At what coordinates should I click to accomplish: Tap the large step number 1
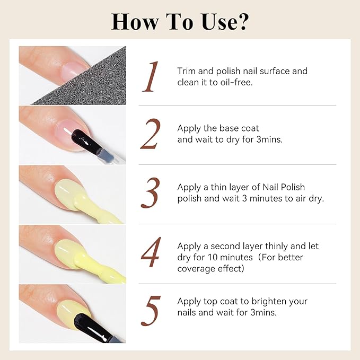(x=152, y=77)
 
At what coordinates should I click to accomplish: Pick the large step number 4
(x=151, y=253)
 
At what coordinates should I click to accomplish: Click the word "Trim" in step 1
(x=187, y=71)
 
